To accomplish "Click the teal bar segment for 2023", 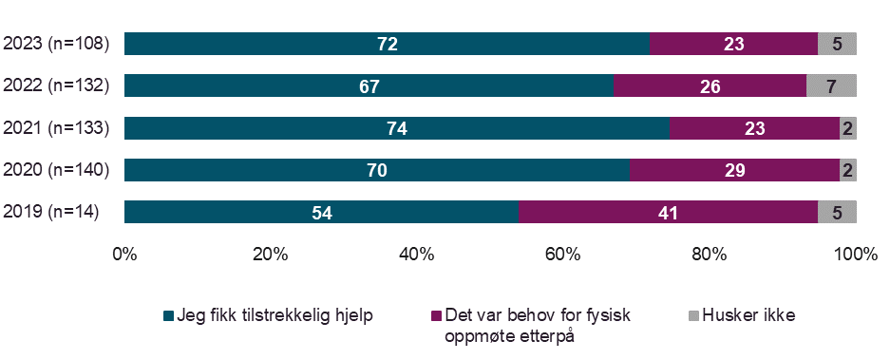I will click(387, 44).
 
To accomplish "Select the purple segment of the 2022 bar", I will click(710, 86).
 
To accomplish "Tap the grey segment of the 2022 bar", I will click(831, 86).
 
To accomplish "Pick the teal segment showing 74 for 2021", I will click(397, 128).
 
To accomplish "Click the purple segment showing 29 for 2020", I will click(734, 170).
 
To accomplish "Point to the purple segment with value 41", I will click(668, 212).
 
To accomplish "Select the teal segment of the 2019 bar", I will click(321, 212).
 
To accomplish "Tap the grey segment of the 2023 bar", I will click(837, 44).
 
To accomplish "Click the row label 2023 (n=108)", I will click(57, 44).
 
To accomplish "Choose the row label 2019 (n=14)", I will click(53, 212).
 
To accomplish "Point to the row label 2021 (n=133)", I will click(57, 128).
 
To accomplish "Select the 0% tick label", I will click(124, 255).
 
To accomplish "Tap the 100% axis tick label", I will click(856, 255).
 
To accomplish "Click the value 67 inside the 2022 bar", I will click(369, 86).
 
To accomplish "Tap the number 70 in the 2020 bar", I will click(378, 170).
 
